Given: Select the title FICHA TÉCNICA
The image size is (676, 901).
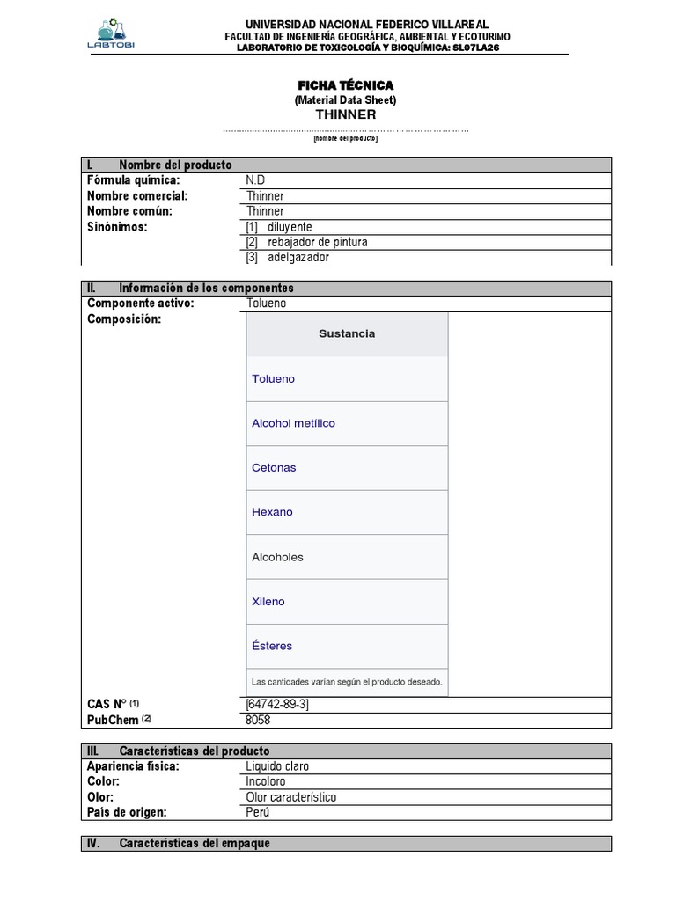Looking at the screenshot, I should pos(345,84).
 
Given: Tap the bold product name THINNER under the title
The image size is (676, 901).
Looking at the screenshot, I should pos(345,114).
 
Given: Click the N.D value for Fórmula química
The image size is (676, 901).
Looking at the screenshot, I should pos(255,180).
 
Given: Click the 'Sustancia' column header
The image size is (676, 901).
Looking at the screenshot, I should pos(347,333).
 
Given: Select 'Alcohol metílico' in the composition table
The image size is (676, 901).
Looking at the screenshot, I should pos(293,423).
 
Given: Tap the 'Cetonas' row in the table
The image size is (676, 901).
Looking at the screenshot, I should pos(274,468).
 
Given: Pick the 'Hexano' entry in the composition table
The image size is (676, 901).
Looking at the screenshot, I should pos(272,512).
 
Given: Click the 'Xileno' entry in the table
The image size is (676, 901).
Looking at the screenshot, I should pos(268,602).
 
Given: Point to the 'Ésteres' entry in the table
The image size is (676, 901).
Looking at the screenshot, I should pos(272,646).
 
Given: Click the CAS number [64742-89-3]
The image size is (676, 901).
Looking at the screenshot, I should pos(277,704).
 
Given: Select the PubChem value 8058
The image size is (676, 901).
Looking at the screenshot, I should pos(259,720).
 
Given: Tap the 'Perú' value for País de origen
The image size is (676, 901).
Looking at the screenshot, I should pos(259,812).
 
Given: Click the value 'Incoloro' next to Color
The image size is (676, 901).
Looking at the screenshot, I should pos(266,781).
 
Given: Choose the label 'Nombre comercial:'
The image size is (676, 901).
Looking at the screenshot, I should pos(137,196).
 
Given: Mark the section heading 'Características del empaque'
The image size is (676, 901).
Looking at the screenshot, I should pos(194,843).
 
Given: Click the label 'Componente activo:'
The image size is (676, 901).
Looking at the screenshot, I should pos(140,304).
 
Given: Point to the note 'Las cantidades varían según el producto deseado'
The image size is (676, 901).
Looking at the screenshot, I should pos(347,682).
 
